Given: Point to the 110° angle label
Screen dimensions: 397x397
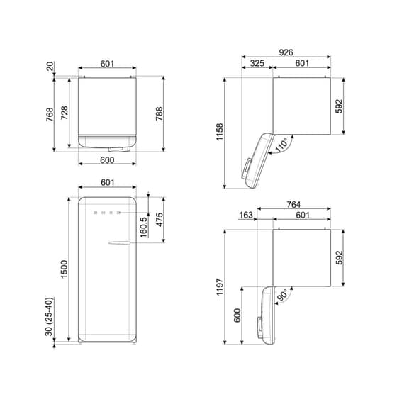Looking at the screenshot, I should click(281, 146).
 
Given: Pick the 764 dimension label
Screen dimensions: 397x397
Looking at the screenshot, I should click(293, 204).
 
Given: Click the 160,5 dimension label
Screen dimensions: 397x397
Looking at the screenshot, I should click(144, 228).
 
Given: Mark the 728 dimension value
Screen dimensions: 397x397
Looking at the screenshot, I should click(65, 113).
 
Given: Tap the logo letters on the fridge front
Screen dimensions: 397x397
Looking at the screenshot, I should click(105, 212).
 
